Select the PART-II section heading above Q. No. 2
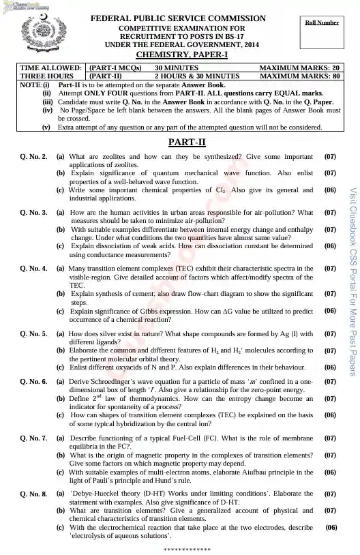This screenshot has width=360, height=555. [182, 142]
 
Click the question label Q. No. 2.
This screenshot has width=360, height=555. [34, 157]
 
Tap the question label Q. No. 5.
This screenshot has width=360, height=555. [34, 334]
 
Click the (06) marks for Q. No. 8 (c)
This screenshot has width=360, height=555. [331, 527]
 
